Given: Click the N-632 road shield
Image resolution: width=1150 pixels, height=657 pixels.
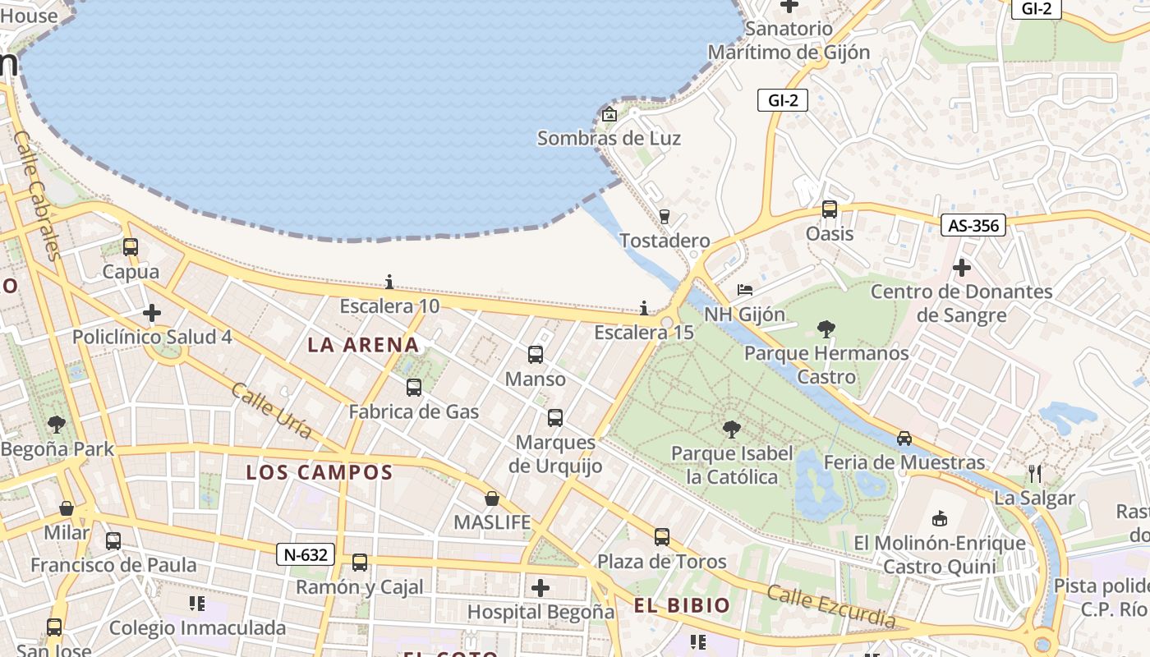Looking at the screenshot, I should (x=306, y=554).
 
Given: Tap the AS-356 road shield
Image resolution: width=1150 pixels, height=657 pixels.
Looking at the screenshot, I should (x=973, y=225).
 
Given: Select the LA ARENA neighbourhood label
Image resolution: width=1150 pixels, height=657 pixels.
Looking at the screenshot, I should (x=363, y=345).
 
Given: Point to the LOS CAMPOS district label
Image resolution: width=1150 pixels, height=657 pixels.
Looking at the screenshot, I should (x=320, y=472).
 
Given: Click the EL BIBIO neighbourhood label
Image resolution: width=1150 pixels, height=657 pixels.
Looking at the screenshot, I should (x=682, y=606).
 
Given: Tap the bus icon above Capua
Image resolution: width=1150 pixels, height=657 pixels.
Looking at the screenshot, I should (x=131, y=246).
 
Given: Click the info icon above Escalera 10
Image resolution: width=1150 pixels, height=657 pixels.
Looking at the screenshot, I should (x=389, y=283).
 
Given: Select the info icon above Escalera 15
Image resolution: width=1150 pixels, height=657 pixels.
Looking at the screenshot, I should (x=644, y=308).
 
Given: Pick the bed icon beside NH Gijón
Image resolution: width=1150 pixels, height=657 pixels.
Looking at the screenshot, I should (x=744, y=290).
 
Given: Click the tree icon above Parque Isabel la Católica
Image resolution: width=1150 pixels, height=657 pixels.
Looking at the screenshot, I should (x=731, y=429).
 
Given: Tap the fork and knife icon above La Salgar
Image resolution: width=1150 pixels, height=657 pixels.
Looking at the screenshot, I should (x=1035, y=473).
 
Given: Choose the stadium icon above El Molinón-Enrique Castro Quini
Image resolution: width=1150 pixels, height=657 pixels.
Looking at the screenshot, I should (x=940, y=518).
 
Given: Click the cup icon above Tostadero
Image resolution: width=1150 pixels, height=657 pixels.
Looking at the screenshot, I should (x=665, y=216).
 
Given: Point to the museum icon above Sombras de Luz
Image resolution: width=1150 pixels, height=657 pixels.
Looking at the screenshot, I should (x=609, y=114).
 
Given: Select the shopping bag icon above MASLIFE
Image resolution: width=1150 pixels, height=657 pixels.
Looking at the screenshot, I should (x=492, y=498).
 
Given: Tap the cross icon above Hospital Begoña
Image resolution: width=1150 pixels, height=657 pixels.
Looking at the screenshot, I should (x=540, y=588).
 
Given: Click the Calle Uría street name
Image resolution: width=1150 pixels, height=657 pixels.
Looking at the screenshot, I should (x=271, y=410).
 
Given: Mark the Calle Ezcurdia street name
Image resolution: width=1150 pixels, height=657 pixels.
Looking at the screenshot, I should (x=830, y=605).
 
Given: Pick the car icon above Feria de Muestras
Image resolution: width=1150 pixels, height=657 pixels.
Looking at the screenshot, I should (x=904, y=438).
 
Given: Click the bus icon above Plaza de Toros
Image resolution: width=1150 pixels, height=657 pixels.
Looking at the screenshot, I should (x=662, y=537).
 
